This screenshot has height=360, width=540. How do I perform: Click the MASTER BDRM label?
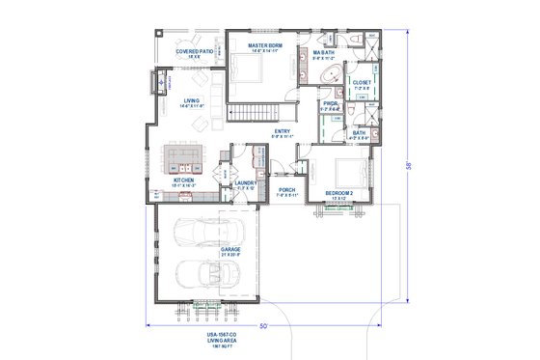pos(264,44)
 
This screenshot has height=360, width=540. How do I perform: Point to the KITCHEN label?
pos(184,179)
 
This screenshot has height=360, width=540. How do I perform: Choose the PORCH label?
pos(286,190)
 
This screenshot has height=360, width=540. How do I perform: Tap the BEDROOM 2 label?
pos(339,193)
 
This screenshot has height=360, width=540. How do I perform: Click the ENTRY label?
pos(283,131)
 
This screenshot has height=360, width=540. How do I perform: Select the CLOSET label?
pos(362,83)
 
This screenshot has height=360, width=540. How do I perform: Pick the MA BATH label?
pos(322,53)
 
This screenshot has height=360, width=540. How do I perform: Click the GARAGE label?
pos(230,249)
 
